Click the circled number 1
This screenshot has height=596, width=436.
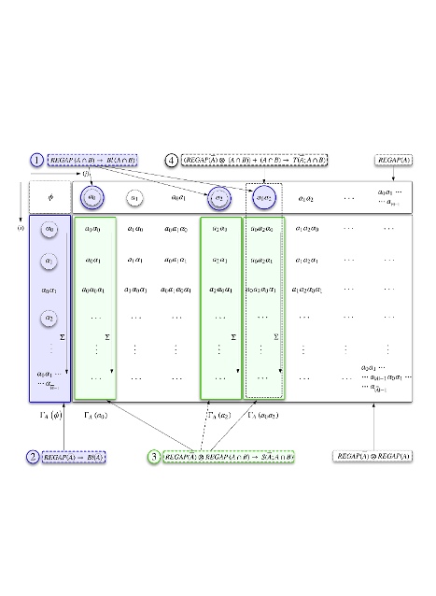[x=37, y=161]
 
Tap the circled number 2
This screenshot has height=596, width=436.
[x=33, y=457]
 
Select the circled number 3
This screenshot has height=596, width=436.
[x=153, y=457]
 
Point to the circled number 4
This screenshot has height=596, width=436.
[x=172, y=161]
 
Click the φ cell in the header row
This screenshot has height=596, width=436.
[x=50, y=197]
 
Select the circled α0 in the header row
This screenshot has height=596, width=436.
[x=92, y=197]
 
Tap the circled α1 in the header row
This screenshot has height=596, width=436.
[x=134, y=197]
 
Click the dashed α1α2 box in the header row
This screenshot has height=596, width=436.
[x=261, y=197]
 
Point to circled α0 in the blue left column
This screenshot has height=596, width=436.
[x=50, y=228]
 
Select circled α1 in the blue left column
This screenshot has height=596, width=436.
[x=50, y=260]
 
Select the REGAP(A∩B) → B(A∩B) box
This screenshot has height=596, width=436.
[x=92, y=161]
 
